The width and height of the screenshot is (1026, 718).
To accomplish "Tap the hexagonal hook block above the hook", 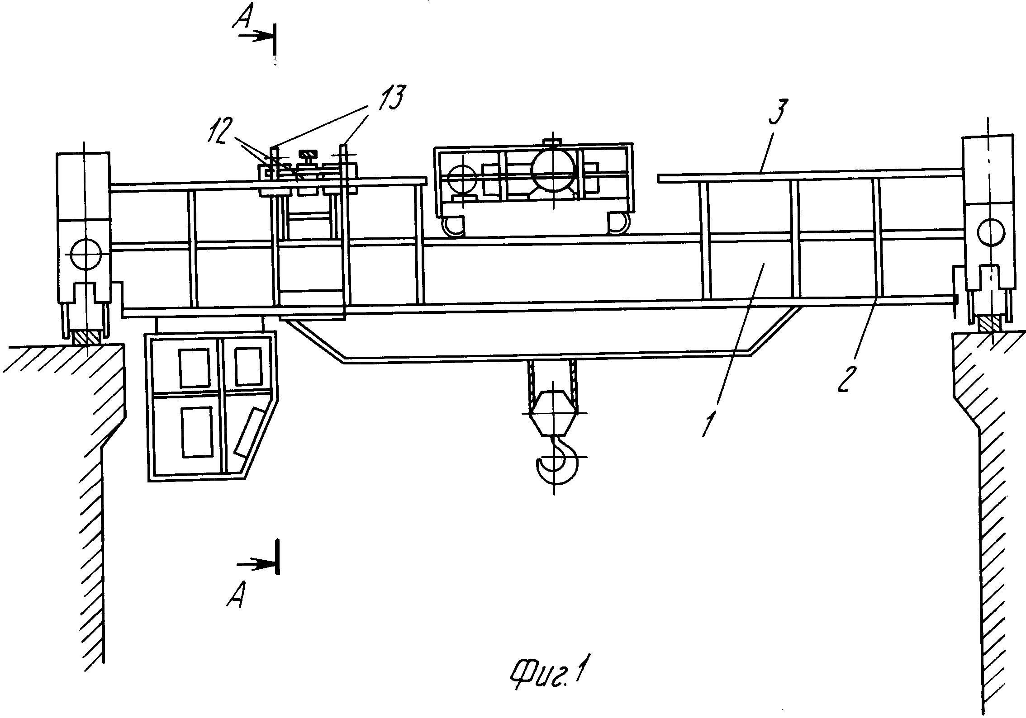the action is click(x=554, y=413).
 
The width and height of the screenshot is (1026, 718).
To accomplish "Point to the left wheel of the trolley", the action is click(x=455, y=225).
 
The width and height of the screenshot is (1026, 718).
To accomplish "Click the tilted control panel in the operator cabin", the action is click(x=250, y=432).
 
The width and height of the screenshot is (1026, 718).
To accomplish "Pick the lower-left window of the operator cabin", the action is click(x=197, y=432).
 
